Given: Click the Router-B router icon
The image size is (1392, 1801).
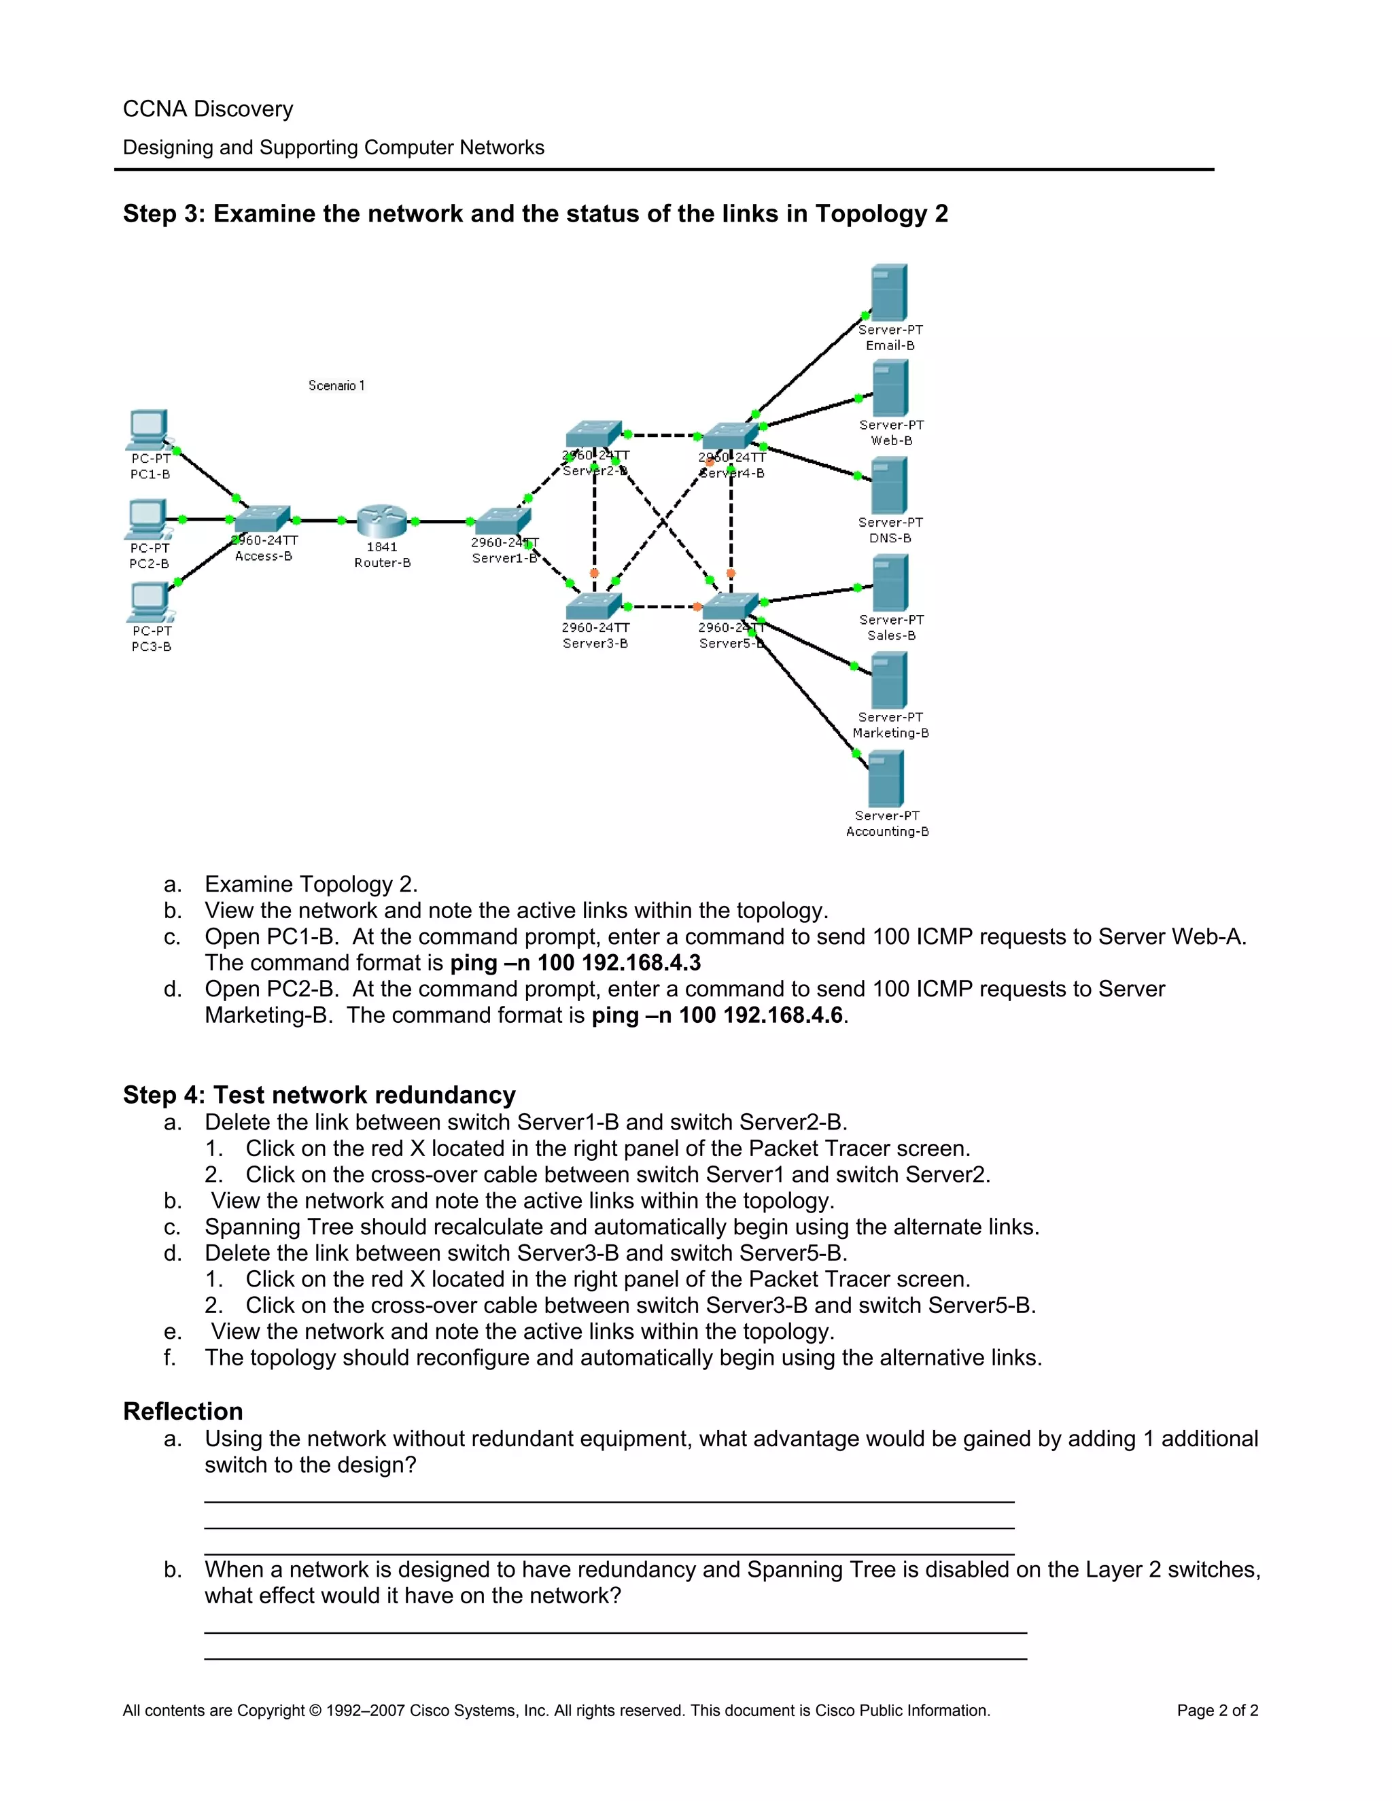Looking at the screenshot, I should tap(382, 521).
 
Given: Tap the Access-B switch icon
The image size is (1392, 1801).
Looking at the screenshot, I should tap(262, 519).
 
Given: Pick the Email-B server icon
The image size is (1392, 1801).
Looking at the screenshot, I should tap(889, 293).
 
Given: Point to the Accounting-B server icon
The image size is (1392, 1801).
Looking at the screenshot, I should tap(886, 778).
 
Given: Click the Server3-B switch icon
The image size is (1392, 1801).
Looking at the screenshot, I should tap(593, 606).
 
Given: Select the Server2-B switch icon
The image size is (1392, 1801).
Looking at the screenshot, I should tap(593, 434).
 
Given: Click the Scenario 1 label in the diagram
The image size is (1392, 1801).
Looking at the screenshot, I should tap(336, 385).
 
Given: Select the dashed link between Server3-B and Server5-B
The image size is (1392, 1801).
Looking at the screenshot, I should tap(662, 607).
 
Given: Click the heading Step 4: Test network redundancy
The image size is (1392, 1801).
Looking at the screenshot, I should tap(319, 1094).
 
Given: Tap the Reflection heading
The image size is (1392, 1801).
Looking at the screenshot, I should tap(183, 1411).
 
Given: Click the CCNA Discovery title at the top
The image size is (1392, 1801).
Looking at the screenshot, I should tap(208, 109).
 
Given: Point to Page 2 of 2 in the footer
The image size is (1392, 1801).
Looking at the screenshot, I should tap(1217, 1711).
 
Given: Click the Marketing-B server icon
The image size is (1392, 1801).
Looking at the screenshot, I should tap(889, 680).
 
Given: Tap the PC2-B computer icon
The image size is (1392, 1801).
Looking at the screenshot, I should tap(148, 518).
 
